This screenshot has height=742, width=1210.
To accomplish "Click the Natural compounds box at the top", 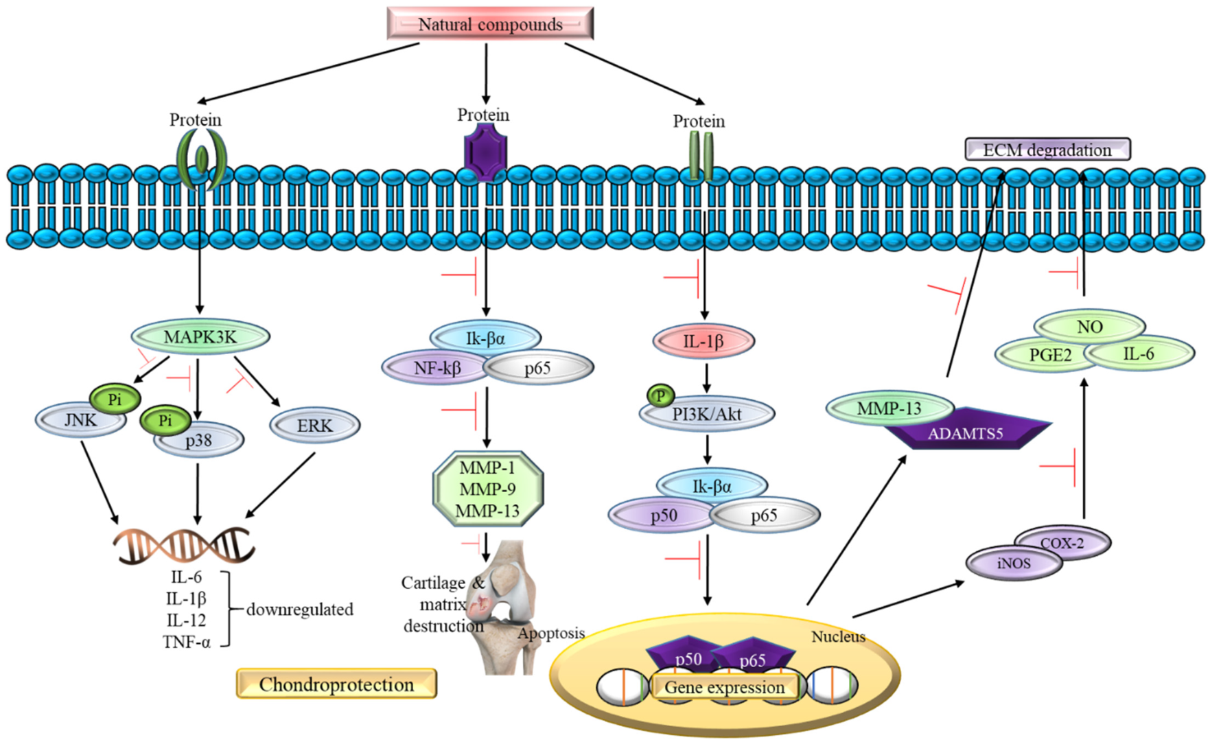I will [x=490, y=24].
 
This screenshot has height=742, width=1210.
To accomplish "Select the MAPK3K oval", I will [x=200, y=336].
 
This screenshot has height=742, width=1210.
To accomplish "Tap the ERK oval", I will [x=314, y=426].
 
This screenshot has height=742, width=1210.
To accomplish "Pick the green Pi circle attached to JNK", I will [x=115, y=399].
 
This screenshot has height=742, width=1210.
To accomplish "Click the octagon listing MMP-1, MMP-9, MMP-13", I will [x=488, y=489].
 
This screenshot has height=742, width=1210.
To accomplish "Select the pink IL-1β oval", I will [x=703, y=340].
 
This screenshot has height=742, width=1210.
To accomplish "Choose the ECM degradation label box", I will [x=1047, y=150].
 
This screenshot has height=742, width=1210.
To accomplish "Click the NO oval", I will [x=1089, y=327].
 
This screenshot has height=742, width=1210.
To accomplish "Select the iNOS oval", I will [x=1013, y=564].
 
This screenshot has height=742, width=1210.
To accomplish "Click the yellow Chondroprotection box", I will [x=336, y=684].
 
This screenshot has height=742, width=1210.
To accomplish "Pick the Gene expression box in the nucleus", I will [x=724, y=687].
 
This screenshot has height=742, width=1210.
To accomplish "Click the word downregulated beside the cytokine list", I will [x=300, y=610].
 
